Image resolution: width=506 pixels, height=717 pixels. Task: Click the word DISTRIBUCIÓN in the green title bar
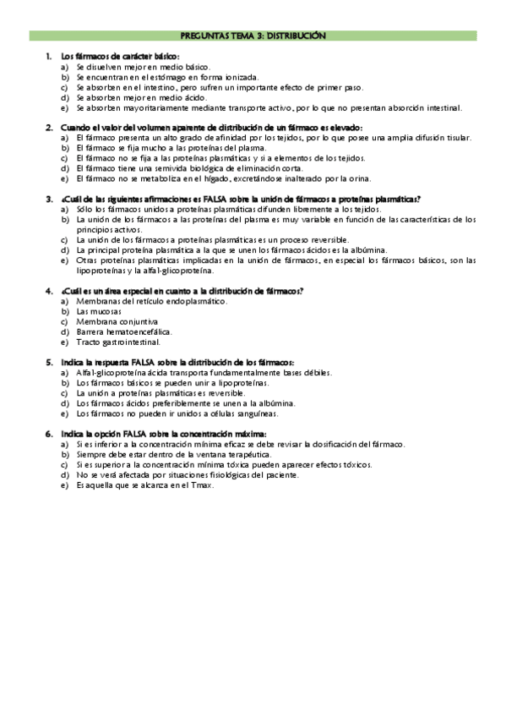click(294, 36)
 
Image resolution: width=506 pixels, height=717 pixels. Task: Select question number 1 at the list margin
click(49, 56)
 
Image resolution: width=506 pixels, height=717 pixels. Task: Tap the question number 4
click(49, 291)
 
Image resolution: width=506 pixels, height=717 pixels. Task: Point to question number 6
click(49, 433)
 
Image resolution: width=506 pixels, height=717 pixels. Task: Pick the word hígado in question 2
click(248, 178)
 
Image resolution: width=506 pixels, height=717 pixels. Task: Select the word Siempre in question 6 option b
click(90, 454)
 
